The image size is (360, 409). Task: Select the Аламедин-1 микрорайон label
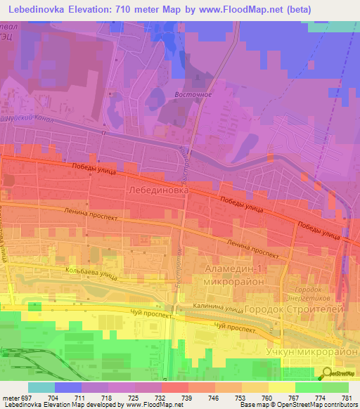232,276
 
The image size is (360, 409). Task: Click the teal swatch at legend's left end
41,387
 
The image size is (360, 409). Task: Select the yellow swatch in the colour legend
282,387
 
